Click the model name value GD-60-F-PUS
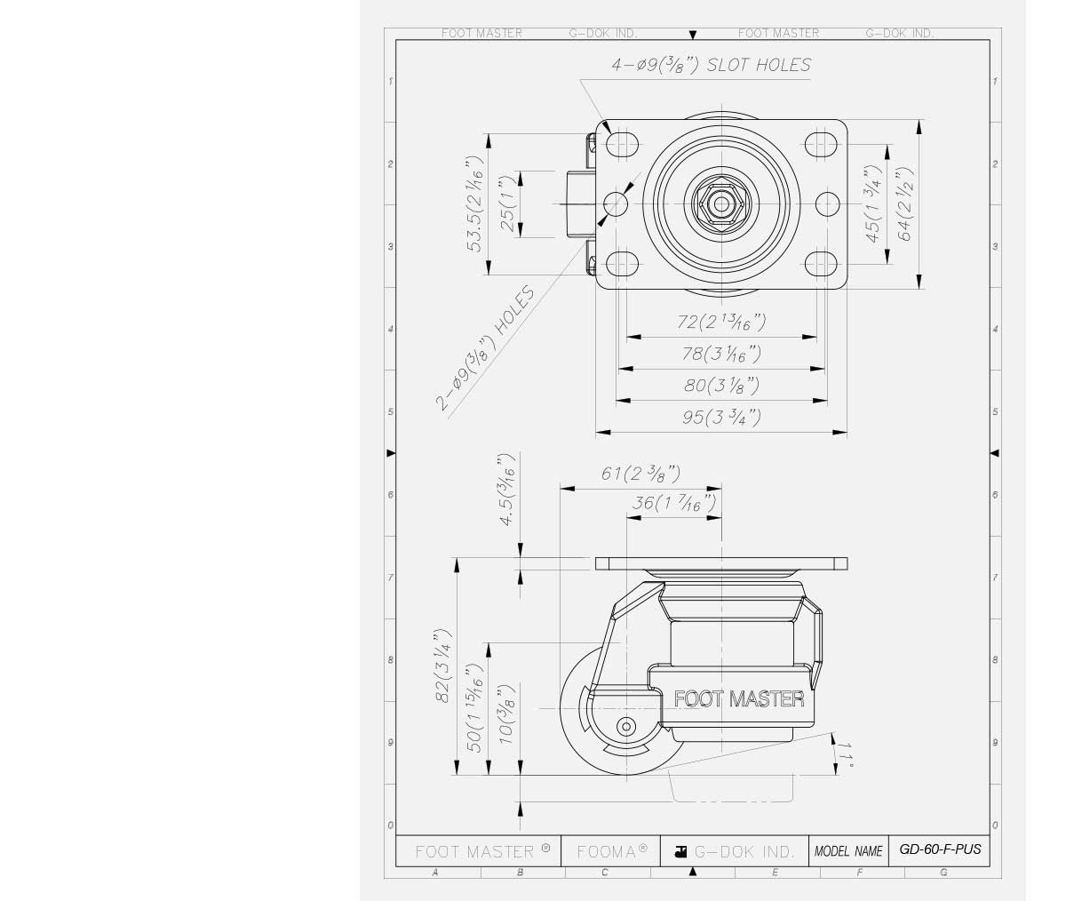[940, 849]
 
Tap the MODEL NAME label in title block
[848, 851]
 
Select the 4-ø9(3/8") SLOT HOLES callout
[711, 66]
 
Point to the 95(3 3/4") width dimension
[721, 417]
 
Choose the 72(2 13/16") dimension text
[721, 322]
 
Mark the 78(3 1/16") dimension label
[721, 354]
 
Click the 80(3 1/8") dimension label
[721, 386]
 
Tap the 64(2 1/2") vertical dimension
[905, 204]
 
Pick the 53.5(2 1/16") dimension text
[476, 204]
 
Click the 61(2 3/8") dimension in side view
[640, 474]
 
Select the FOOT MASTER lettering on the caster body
[739, 699]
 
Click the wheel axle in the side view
[627, 727]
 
